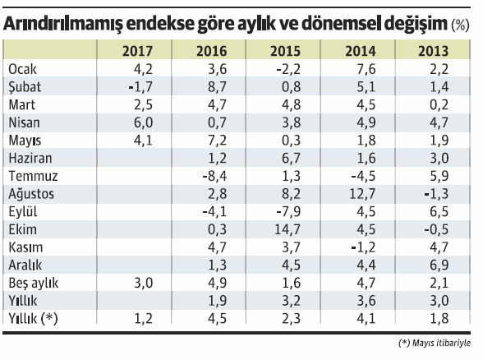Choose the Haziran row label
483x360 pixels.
coord(28,157)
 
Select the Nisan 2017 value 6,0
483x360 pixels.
coord(144,122)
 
